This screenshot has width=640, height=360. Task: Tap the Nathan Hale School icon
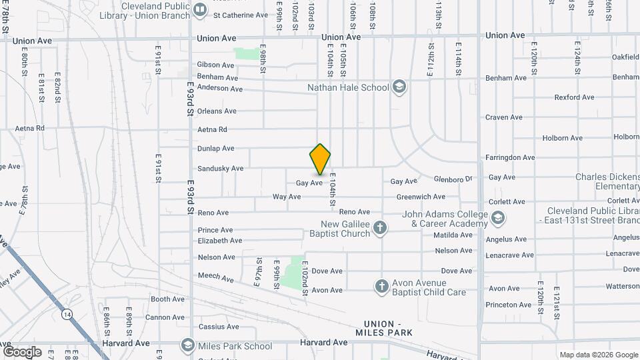point(399,87)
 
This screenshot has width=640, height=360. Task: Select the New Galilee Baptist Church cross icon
point(380,229)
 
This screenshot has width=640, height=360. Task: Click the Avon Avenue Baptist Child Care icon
point(381,287)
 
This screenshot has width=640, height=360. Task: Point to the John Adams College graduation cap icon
point(497,218)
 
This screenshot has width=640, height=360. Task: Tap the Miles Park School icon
point(188,345)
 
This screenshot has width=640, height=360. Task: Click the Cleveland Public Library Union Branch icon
point(200,9)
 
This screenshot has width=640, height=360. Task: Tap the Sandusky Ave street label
point(220,169)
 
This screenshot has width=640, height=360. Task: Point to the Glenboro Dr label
point(453,179)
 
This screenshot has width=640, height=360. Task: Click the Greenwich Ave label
point(421,197)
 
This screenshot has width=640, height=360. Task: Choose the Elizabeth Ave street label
point(219,240)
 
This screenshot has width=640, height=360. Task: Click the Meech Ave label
point(215,276)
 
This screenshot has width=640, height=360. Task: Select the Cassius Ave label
point(218,327)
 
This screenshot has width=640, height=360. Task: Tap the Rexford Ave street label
point(574,97)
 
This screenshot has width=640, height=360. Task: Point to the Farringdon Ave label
point(510,157)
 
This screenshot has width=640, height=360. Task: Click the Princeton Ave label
point(509,305)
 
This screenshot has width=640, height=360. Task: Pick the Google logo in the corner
point(22,351)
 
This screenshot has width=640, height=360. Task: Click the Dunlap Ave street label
point(216,148)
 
